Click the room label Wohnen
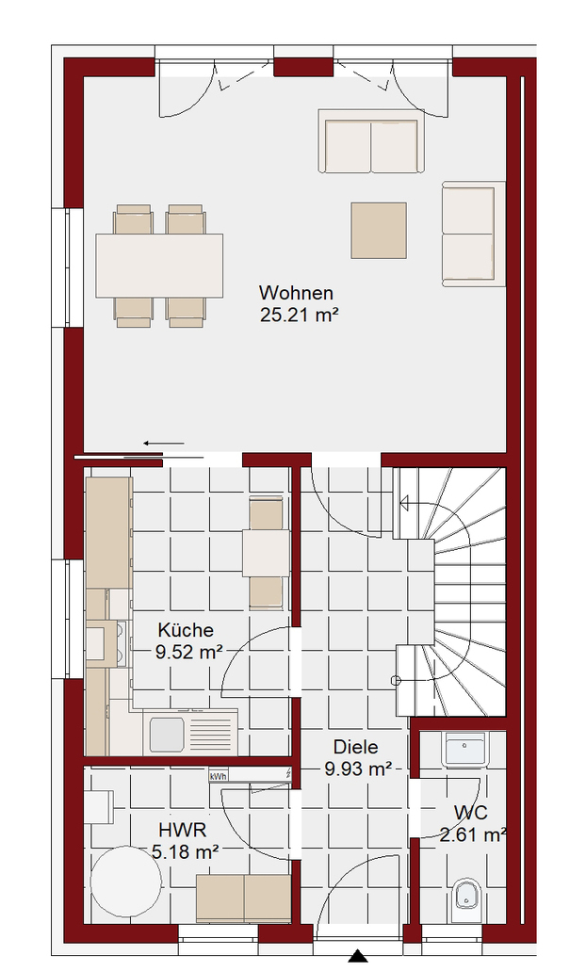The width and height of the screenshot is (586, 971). click(x=296, y=292)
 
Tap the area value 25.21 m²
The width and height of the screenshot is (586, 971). click(x=300, y=315)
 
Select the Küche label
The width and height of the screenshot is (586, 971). click(x=186, y=630)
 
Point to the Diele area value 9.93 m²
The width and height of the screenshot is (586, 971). click(x=358, y=769)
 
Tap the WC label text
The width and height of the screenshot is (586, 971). click(x=470, y=813)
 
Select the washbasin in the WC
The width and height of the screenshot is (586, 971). click(x=465, y=750)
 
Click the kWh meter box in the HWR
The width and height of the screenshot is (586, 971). click(x=218, y=776)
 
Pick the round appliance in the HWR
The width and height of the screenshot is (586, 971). click(x=125, y=881)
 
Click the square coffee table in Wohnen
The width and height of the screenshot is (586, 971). click(x=379, y=231)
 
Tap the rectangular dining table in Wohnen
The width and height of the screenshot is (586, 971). click(x=159, y=266)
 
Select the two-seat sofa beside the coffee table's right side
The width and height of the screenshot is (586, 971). click(x=473, y=235)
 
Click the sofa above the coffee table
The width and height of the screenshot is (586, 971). click(x=371, y=141)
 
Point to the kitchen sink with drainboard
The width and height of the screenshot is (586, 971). click(x=190, y=732)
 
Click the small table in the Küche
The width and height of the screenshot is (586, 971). click(x=266, y=554)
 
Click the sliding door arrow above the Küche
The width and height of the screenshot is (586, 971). click(x=164, y=444)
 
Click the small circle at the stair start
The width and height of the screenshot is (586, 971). click(x=397, y=681)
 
